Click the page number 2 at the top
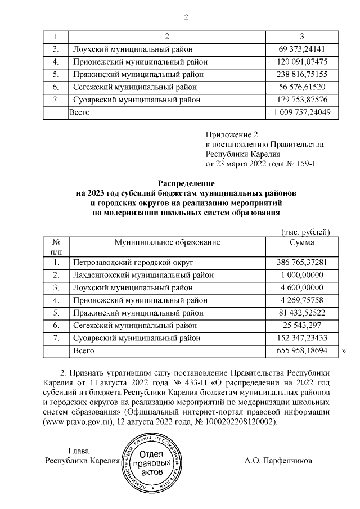185,16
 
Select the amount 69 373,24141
301,49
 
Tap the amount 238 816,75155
301,74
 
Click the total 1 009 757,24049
301,112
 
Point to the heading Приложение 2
231,134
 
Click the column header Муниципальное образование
166,242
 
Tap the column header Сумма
301,242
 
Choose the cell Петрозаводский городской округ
133,263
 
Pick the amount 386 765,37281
301,263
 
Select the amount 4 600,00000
301,287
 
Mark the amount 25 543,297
301,326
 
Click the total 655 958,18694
301,350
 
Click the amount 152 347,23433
301,338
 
